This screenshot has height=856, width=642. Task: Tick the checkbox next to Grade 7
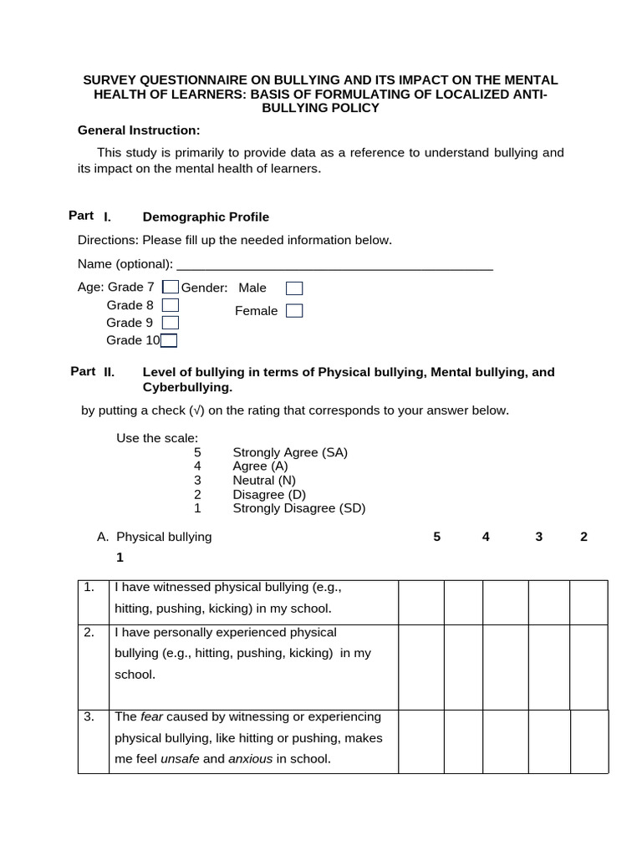[170, 288]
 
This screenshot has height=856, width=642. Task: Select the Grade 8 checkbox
[170, 305]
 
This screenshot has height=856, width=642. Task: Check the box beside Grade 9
[170, 323]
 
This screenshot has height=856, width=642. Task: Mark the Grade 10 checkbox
[169, 340]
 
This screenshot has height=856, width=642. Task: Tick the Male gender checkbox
[294, 288]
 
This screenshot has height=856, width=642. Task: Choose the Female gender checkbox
[294, 311]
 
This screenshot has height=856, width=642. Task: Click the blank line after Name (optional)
[334, 264]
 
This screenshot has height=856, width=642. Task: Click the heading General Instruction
[139, 130]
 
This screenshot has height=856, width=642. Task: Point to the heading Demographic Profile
[206, 217]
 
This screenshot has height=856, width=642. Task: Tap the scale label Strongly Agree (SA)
[290, 452]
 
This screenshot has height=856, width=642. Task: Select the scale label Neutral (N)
[264, 481]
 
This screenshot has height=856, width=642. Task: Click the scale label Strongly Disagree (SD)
[298, 508]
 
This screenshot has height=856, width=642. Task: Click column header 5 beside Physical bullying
[437, 537]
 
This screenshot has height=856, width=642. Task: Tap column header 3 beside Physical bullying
[539, 537]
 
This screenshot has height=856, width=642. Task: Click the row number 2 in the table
[89, 632]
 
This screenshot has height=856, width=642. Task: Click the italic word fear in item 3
[151, 716]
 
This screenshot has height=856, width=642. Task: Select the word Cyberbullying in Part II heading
[187, 388]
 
